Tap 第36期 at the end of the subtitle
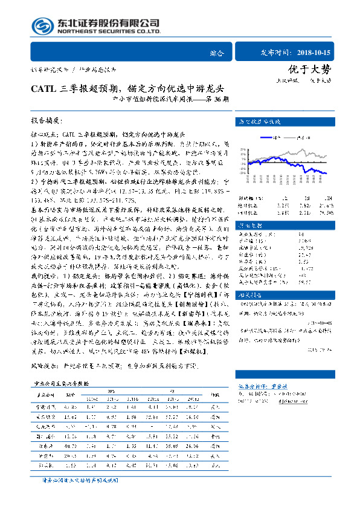pos(217,98)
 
